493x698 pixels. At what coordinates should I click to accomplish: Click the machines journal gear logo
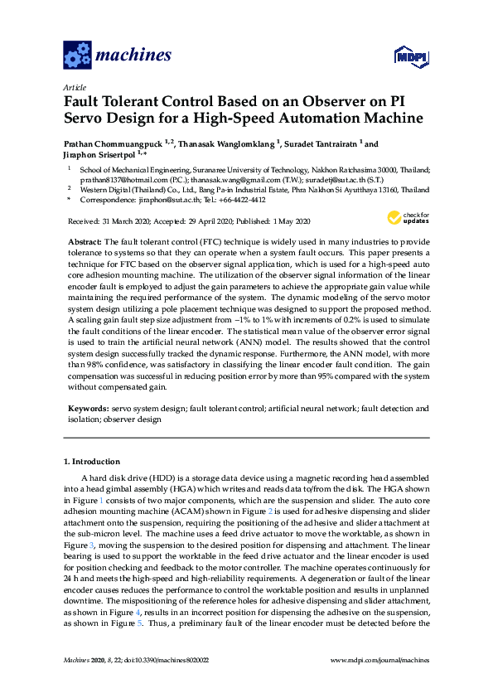[78, 56]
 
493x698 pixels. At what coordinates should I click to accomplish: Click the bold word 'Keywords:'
[87, 408]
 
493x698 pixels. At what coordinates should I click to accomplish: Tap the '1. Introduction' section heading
[92, 461]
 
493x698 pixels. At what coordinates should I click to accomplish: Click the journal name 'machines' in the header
[133, 56]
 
